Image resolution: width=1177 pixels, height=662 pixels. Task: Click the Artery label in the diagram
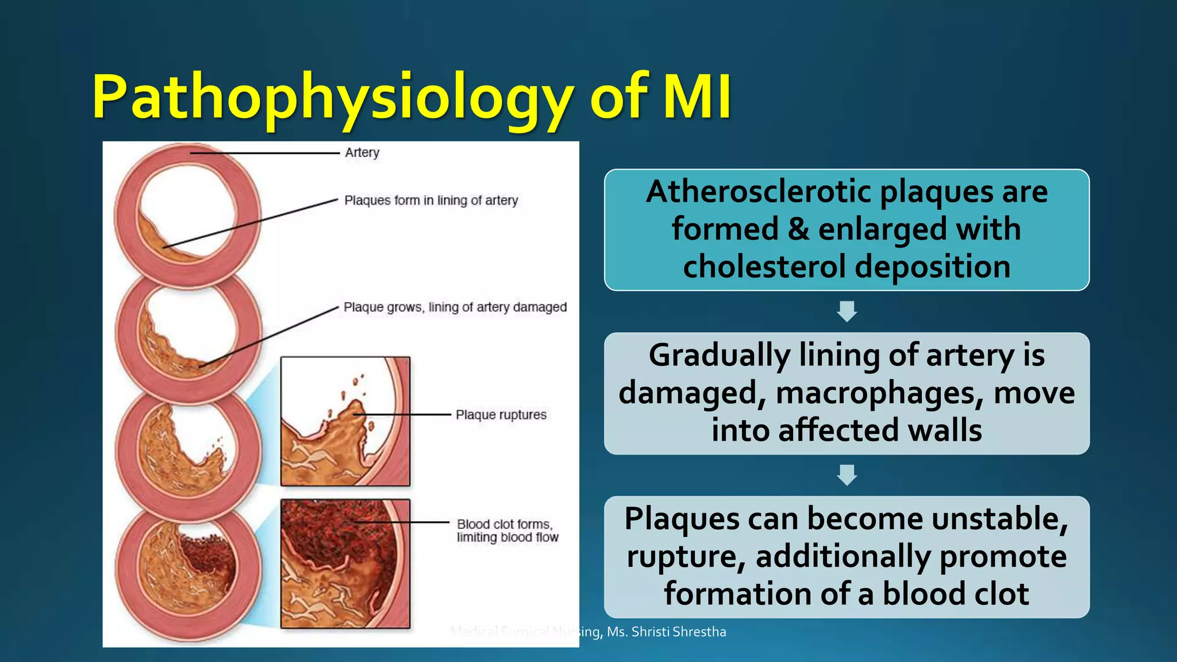pos(362,153)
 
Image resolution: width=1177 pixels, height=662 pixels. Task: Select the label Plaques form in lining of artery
pos(431,201)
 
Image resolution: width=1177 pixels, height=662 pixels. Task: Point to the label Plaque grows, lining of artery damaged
pos(455,307)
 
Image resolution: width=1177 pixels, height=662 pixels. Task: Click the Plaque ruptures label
pos(501,415)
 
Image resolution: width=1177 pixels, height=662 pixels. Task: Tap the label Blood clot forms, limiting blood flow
pos(507,531)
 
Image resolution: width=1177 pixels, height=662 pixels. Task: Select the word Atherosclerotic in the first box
pos(758,191)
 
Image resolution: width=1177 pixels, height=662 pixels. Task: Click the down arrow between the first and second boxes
pos(847,311)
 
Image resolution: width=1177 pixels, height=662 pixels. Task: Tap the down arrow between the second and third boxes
pos(847,475)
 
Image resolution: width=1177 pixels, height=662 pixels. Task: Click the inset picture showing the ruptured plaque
pos(345,421)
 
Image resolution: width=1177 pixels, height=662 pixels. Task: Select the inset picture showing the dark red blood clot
pos(345,564)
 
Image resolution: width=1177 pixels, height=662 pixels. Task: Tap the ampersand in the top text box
pos(798,229)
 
